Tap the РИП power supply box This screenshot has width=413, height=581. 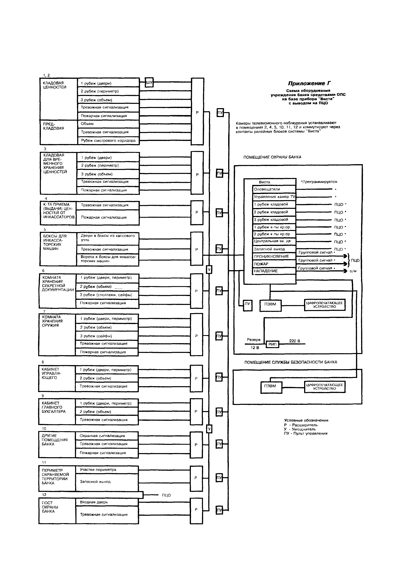tap(272, 344)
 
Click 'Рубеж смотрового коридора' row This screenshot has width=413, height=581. tap(108, 140)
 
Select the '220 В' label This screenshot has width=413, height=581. tap(295, 341)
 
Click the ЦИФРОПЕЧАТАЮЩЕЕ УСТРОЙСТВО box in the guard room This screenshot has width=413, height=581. tap(325, 305)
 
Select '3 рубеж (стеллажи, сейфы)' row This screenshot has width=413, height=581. tap(106, 295)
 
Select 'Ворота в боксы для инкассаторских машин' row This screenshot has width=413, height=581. tap(108, 259)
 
